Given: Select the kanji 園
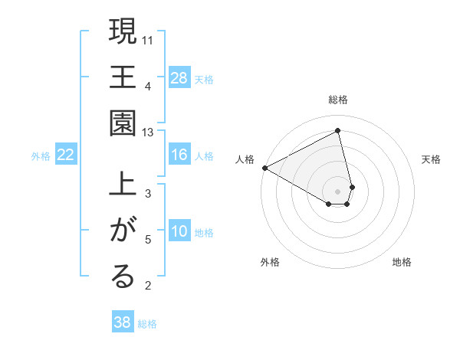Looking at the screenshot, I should coord(123,123).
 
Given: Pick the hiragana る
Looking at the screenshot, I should coord(123,277).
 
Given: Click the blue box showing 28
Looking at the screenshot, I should coord(179,77).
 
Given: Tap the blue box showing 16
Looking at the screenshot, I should coord(179,155).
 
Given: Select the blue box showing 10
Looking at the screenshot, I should coord(179,231).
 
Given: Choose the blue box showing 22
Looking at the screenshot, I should coord(66,155).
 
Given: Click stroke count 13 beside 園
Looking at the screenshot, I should coord(148,133).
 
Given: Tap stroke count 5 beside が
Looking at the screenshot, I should coord(148,240).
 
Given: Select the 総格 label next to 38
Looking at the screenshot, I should coord(147,324).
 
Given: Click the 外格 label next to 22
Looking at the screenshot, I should coord(41,155).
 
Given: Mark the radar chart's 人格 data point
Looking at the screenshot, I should coord(264,168).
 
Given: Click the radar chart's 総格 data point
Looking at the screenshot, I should coord(338,132).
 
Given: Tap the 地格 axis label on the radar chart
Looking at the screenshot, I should coord(402,262).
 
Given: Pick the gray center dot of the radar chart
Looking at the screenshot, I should coord(338,191).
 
